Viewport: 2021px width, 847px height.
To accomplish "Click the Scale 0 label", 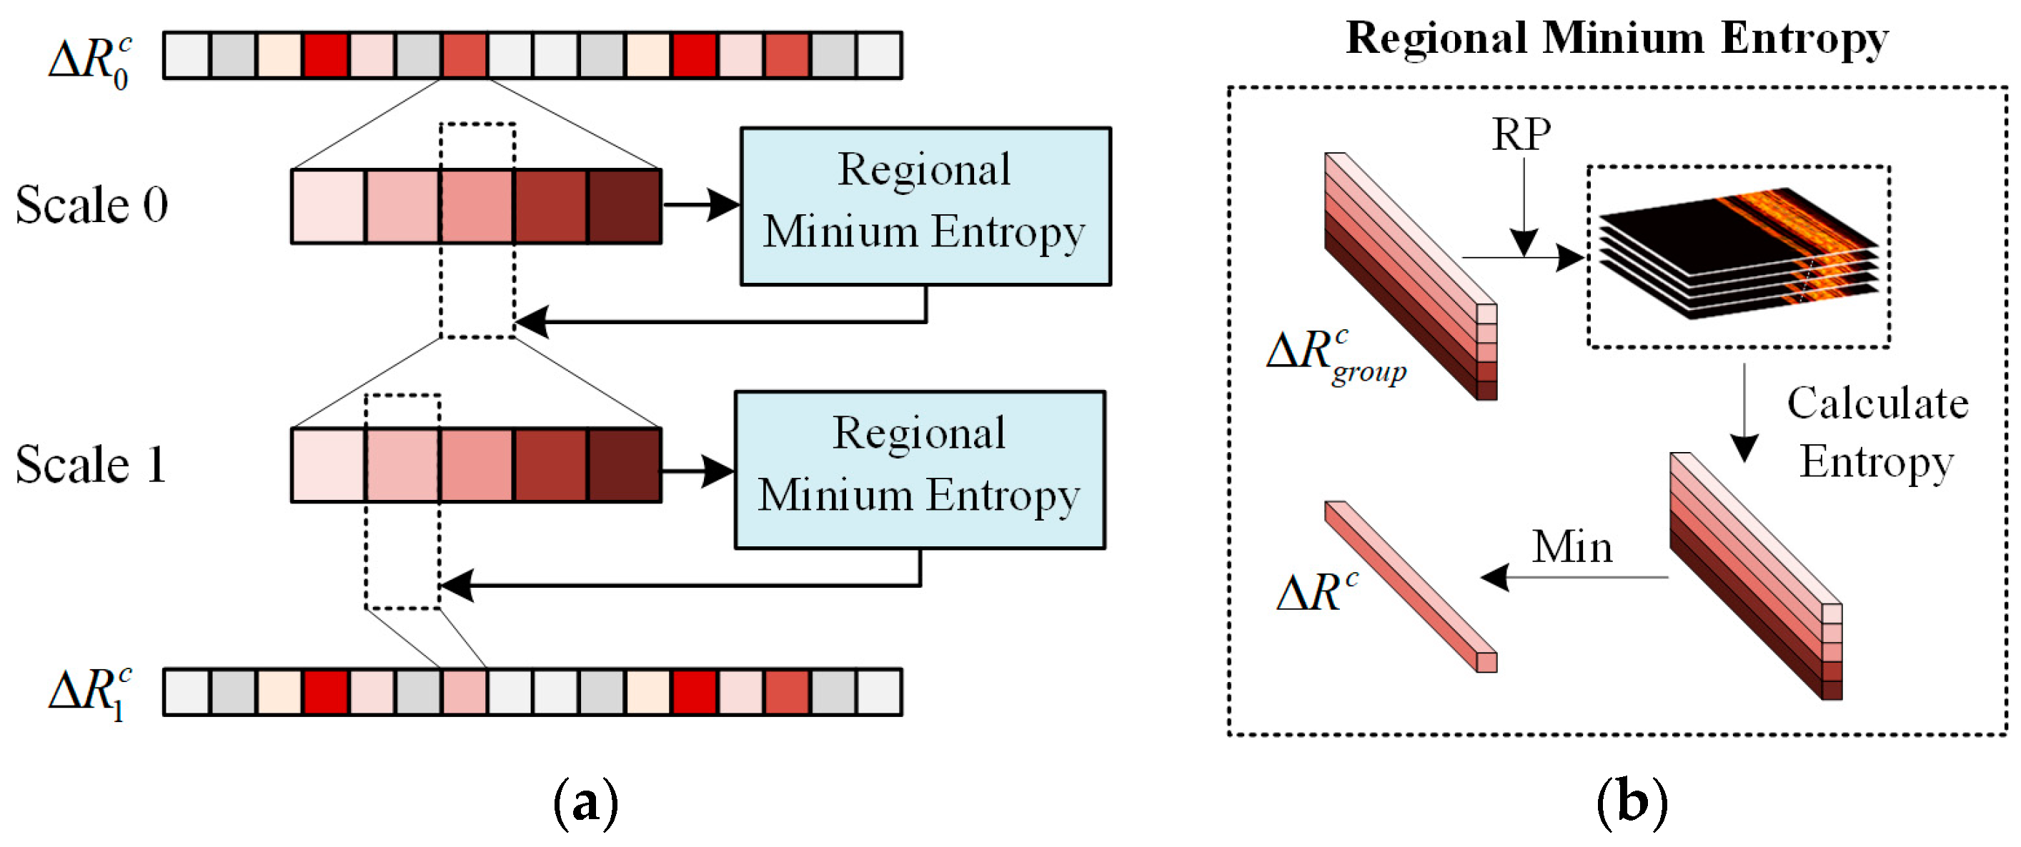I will point(91,206).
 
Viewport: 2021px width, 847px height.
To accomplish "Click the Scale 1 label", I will point(91,464).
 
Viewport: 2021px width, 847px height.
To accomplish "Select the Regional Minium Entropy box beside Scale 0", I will point(925,206).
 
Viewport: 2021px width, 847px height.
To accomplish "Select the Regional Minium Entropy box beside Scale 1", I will point(920,469).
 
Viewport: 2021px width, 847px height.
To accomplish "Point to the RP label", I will point(1521,135).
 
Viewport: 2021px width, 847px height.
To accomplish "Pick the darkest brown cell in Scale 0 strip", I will point(625,206).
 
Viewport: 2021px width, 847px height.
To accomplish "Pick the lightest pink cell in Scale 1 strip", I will point(328,464).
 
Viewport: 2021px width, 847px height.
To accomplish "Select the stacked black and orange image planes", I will point(1738,255).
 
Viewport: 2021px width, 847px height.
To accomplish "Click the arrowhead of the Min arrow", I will point(1495,577).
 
